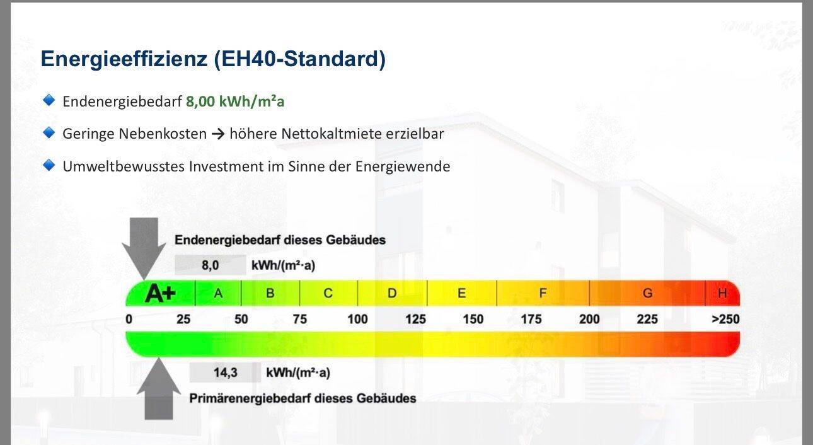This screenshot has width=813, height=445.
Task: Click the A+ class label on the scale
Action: tap(160, 293)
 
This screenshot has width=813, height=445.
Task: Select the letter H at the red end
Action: tap(722, 293)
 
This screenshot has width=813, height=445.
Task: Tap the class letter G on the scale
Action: tap(647, 293)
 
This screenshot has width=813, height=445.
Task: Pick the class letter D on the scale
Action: tap(392, 293)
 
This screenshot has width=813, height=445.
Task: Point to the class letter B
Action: tap(270, 293)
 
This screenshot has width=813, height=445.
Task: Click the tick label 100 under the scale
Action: tap(357, 319)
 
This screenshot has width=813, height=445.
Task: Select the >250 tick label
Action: tap(725, 319)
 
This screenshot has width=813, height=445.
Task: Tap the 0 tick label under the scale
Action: tap(129, 319)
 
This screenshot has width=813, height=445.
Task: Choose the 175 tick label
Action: tap(531, 319)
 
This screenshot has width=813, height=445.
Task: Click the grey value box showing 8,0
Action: tap(210, 265)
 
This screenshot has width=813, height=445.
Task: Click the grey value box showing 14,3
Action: tap(225, 373)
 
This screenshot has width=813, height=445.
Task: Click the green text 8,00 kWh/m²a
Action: tap(235, 101)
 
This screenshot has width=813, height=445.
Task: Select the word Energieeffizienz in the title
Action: tap(124, 59)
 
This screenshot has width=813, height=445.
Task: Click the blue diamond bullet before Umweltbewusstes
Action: tap(49, 165)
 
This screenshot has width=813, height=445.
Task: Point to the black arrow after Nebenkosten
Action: tap(218, 134)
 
